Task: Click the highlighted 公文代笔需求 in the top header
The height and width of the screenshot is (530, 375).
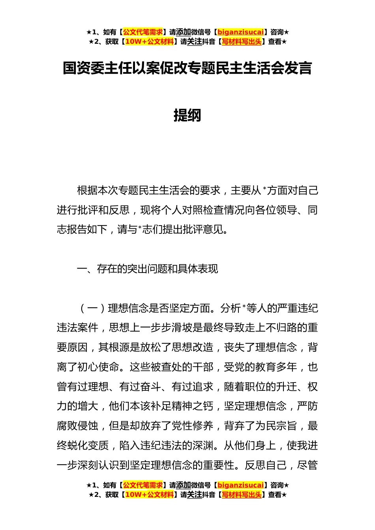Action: (143, 32)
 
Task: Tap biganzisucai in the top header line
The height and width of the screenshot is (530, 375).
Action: (240, 32)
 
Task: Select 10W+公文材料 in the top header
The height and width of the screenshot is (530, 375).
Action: (149, 41)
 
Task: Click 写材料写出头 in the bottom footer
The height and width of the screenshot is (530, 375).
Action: (242, 495)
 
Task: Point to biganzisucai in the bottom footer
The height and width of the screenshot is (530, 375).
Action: (240, 485)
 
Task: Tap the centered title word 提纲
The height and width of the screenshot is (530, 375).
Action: (187, 115)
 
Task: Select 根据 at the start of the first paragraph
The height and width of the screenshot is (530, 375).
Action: (87, 190)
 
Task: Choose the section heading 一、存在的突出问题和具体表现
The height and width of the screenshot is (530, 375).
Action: (147, 269)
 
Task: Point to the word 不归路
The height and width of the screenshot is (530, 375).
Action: (281, 328)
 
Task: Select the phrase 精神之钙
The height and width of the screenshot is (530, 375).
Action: (192, 406)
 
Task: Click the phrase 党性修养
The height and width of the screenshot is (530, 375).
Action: (192, 426)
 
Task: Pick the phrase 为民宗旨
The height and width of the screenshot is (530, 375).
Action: (276, 426)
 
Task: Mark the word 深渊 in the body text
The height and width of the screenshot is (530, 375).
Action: (202, 446)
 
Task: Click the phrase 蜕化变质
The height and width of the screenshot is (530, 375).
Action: (88, 446)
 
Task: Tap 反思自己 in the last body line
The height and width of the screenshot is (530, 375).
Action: (266, 465)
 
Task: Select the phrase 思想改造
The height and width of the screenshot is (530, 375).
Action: (192, 347)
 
